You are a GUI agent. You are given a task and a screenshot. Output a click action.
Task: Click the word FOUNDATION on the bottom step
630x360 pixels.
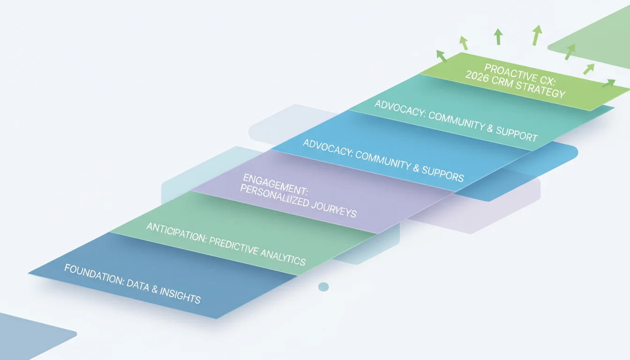[94, 274]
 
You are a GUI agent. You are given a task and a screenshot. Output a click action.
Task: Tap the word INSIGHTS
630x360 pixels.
[180, 295]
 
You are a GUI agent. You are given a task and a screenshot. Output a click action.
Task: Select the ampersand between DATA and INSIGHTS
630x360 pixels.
[154, 289]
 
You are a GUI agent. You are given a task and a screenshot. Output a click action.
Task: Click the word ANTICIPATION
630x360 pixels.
[177, 232]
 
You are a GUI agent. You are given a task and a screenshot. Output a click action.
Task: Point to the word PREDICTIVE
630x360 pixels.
[233, 246]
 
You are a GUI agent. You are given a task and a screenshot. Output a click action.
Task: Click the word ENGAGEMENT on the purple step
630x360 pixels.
[276, 185]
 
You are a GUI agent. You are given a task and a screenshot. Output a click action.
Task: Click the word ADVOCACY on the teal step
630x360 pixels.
[400, 109]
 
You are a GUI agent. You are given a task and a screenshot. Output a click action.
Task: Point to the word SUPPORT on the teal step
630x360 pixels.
[517, 134]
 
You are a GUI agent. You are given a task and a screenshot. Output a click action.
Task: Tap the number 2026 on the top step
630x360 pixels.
[477, 76]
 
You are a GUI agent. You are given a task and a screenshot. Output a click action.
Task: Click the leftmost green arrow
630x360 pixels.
[441, 56]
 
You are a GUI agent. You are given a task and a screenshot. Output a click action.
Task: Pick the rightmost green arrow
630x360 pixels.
[608, 83]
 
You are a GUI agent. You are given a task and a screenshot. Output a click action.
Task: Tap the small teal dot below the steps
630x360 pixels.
[323, 287]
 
